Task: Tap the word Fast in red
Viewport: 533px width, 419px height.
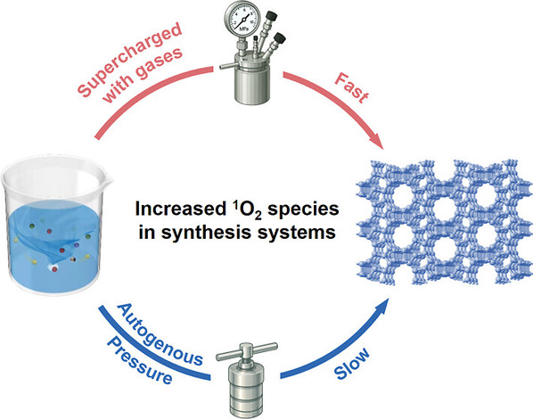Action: tap(351, 87)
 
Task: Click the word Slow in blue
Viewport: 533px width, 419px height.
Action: tap(352, 364)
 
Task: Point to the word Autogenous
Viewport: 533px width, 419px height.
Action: tap(160, 334)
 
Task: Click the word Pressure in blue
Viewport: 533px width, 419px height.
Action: tap(139, 361)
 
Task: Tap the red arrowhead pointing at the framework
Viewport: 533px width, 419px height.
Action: tap(376, 141)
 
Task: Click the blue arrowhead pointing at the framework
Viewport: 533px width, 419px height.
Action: tap(381, 307)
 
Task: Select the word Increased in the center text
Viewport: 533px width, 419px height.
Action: tap(177, 209)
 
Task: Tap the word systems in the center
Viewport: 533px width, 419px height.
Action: tap(297, 233)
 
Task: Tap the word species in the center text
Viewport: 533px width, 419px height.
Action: tap(303, 210)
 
